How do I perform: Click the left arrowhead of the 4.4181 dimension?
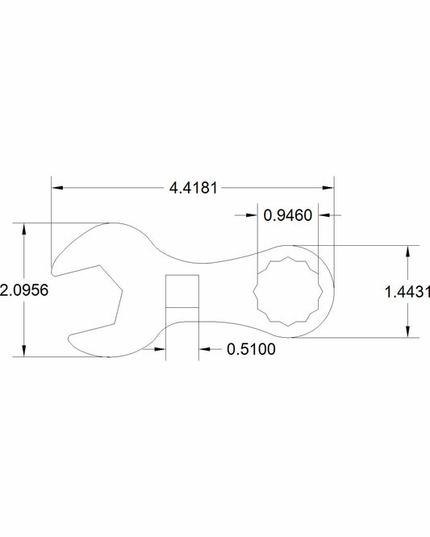tap(56, 188)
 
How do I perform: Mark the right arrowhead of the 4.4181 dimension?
tap(328, 188)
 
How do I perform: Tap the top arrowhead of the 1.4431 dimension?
tap(407, 250)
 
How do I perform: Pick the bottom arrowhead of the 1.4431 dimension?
tap(407, 332)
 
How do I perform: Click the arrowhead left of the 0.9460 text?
tap(253, 215)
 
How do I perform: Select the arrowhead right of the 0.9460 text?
tap(325, 215)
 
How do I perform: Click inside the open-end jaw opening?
tap(89, 298)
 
